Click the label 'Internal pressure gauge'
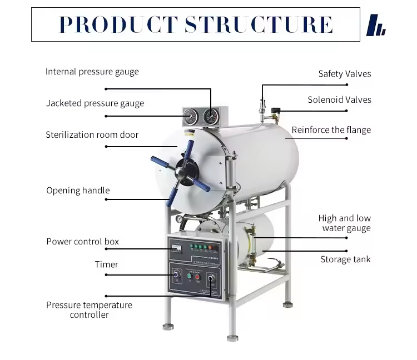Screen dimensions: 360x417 coord(92,72)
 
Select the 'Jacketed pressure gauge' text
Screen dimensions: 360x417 coord(95,103)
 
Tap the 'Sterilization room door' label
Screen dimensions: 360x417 coord(92,135)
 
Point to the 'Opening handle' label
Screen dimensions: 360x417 coord(78,191)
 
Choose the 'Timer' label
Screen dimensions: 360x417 coord(106,264)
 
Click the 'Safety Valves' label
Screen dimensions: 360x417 coord(344,74)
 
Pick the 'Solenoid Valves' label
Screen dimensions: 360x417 coord(339,100)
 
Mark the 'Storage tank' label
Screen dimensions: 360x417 coord(345,259)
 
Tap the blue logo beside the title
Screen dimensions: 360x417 coord(376,25)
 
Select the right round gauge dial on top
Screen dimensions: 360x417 coord(211,117)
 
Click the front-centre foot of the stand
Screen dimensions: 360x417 coord(232,337)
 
